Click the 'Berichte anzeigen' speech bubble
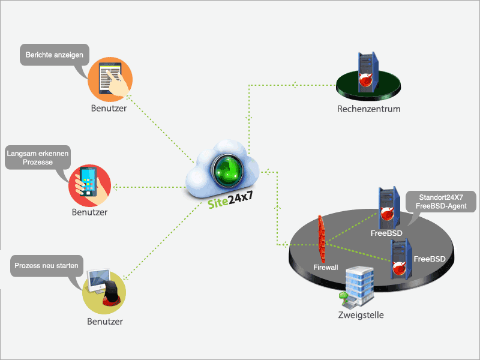[x=54, y=55]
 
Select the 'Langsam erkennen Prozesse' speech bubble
[x=37, y=158]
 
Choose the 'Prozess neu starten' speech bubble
[x=46, y=265]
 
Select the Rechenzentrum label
[x=368, y=109]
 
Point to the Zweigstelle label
[x=361, y=315]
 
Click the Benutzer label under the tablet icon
[x=109, y=109]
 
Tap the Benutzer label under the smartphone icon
[x=89, y=212]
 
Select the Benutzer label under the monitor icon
[x=104, y=321]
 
